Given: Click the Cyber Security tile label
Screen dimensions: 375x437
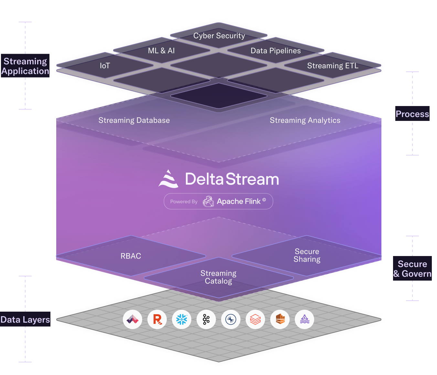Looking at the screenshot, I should click(x=219, y=36).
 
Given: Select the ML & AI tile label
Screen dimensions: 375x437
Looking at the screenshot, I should click(x=161, y=51).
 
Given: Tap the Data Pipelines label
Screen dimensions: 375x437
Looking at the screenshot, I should click(x=276, y=51).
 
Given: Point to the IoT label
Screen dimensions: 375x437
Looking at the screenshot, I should click(x=105, y=66).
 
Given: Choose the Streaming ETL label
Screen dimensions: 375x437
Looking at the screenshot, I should click(x=333, y=66).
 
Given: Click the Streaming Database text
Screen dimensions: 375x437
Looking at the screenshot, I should click(x=134, y=120).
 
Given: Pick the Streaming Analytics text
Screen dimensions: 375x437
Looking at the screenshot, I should click(x=305, y=120).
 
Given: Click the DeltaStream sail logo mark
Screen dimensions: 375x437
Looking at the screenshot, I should click(x=168, y=179).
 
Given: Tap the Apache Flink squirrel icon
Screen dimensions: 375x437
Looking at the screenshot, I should click(x=208, y=201).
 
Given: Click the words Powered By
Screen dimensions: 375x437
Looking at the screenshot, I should click(x=184, y=202).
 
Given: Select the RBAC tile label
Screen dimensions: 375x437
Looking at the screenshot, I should click(x=131, y=256).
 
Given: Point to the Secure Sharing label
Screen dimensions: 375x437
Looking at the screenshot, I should click(x=307, y=255).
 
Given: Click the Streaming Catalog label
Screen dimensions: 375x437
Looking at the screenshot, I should click(x=218, y=277).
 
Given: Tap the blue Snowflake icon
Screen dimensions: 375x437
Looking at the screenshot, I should click(x=182, y=320).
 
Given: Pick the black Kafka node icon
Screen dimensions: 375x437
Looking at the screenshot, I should click(x=206, y=320).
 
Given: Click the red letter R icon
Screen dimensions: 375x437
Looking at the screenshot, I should click(x=157, y=320).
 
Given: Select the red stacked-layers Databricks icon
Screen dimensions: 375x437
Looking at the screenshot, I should click(x=255, y=320).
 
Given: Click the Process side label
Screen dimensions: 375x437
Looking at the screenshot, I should click(x=412, y=114).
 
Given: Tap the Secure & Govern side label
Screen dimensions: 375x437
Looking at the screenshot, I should click(x=412, y=269).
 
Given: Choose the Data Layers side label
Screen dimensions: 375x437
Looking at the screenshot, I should click(x=25, y=320).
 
